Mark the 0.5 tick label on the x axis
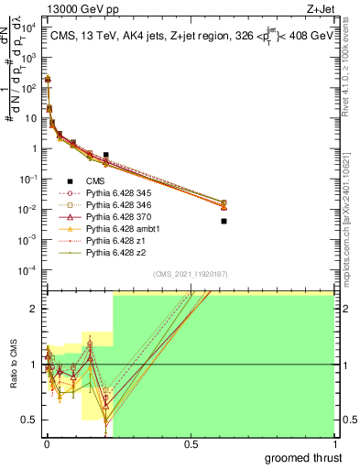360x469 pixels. point(191,443)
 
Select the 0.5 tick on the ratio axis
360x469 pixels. point(31,420)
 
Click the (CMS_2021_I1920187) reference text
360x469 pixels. point(189,273)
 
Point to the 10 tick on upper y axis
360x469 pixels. point(32,118)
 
